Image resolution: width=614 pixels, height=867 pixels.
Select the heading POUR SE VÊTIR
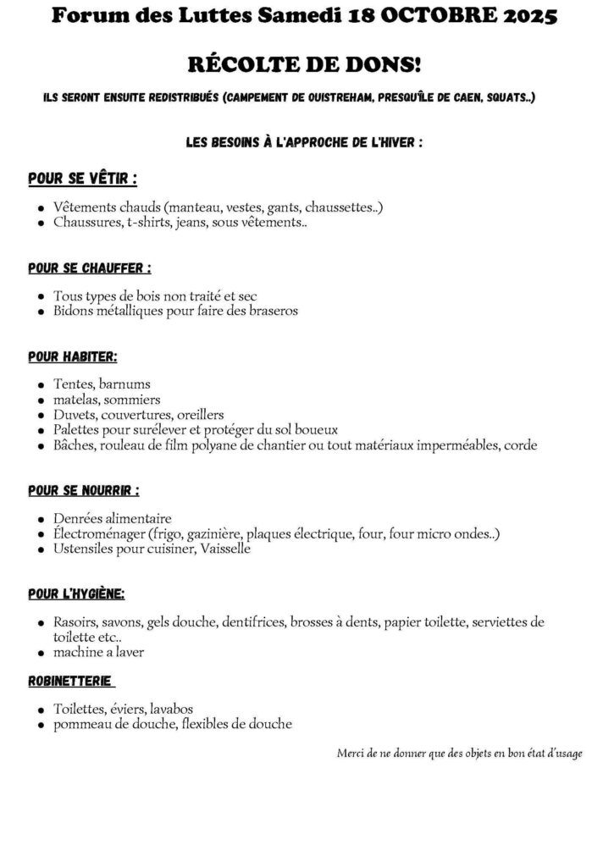tap(82, 179)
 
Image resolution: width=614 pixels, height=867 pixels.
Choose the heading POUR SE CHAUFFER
tap(89, 268)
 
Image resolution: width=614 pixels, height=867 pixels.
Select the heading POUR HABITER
tap(72, 356)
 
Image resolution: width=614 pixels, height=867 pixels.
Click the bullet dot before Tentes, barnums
tap(41, 385)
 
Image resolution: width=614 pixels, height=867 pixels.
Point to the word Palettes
tap(77, 429)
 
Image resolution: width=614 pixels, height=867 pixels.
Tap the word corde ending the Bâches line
tap(520, 445)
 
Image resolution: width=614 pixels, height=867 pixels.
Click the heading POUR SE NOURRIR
tap(83, 490)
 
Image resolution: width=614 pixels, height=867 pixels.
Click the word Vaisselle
tap(225, 549)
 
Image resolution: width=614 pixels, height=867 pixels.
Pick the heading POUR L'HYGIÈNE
tap(76, 594)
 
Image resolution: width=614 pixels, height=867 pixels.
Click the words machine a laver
tap(97, 652)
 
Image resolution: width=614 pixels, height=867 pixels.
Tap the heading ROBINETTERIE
tap(70, 681)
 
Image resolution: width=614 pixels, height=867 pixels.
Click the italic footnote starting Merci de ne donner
tap(459, 753)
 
